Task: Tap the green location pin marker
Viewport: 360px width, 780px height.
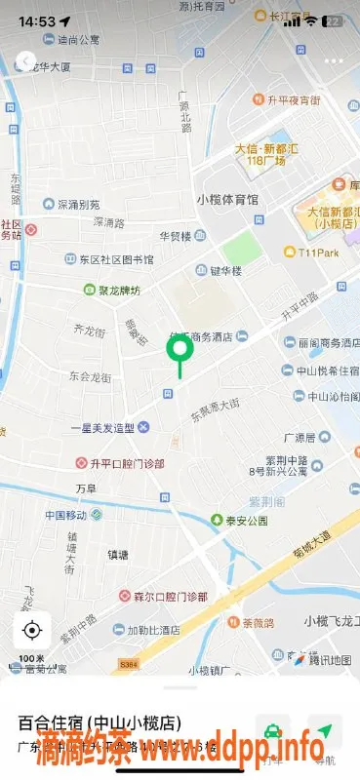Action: coord(179,346)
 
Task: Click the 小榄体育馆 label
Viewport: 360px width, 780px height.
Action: coord(227,199)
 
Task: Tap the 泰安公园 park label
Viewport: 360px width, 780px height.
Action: coord(238,521)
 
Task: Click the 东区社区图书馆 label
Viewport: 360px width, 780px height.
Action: coord(108,259)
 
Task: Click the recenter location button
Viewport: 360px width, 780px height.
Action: coord(32,630)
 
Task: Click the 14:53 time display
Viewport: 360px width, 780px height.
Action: coord(36,20)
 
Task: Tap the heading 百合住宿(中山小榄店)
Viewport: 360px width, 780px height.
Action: coord(101,723)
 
